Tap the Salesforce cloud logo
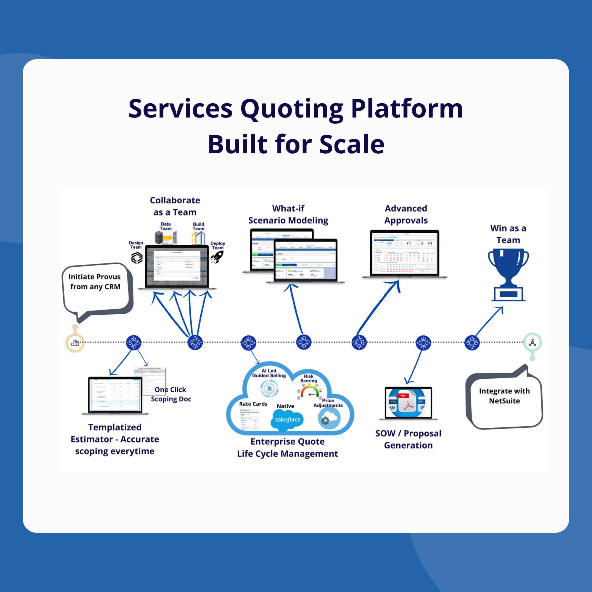click(x=287, y=419)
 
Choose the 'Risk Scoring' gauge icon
click(x=310, y=392)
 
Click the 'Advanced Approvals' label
click(x=406, y=214)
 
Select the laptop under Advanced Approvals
click(x=404, y=254)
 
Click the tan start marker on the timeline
click(x=75, y=342)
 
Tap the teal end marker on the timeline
click(x=532, y=342)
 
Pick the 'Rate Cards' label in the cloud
click(x=253, y=404)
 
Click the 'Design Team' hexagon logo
click(x=137, y=258)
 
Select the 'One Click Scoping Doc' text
click(x=171, y=394)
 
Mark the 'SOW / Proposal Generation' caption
click(x=408, y=439)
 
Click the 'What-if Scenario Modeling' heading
click(x=288, y=214)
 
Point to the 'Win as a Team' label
click(x=508, y=234)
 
